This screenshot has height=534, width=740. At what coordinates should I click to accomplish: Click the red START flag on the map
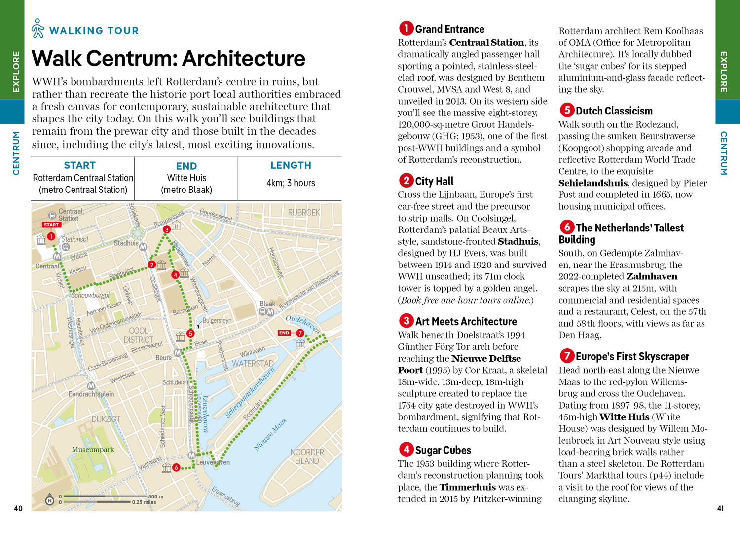[x=51, y=225]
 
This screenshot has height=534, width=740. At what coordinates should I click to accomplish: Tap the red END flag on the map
[x=284, y=333]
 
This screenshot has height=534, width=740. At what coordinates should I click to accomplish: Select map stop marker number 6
[x=176, y=467]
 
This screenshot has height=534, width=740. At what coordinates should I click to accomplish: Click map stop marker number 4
[x=175, y=275]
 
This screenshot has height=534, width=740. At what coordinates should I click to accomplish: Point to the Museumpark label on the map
[x=93, y=450]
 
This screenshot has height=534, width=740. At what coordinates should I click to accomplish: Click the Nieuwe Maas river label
[x=270, y=435]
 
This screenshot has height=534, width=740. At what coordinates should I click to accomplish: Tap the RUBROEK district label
[x=304, y=213]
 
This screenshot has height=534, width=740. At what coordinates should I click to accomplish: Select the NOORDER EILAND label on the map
[x=307, y=457]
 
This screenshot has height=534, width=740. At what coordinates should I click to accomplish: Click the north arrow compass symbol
[x=49, y=499]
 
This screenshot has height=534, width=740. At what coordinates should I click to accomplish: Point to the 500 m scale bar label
[x=156, y=496]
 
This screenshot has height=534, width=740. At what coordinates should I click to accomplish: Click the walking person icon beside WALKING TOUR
[x=37, y=29]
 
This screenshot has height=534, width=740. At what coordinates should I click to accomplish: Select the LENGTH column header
[x=291, y=165]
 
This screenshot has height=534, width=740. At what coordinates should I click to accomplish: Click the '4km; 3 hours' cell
[x=291, y=183]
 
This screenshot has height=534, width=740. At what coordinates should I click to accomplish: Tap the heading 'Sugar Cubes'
[x=443, y=450]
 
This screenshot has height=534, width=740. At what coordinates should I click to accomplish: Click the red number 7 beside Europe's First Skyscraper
[x=567, y=356]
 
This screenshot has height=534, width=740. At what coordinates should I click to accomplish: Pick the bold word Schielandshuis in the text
[x=593, y=183]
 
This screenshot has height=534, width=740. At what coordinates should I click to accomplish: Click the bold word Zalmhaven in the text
[x=652, y=276]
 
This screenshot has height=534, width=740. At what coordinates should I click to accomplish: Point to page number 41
[x=720, y=508]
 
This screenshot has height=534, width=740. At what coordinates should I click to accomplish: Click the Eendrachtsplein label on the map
[x=91, y=394]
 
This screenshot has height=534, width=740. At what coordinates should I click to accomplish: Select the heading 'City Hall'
[x=434, y=181]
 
